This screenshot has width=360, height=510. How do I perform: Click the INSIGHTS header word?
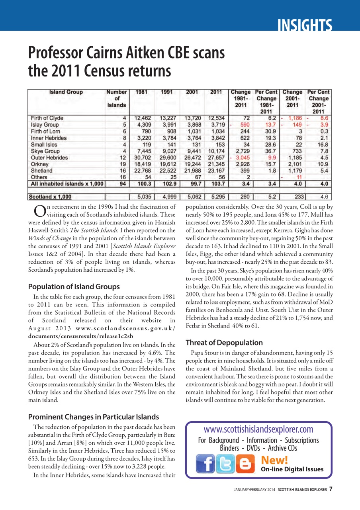pyautogui.click(x=305, y=26)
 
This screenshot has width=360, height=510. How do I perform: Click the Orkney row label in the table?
pyautogui.click(x=40, y=164)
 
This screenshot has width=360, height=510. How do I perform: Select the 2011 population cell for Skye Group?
pyautogui.click(x=216, y=151)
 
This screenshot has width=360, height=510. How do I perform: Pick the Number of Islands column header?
pyautogui.click(x=116, y=98)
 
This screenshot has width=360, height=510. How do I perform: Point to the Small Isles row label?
pyautogui.click(x=44, y=145)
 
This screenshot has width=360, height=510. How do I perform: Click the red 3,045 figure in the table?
pyautogui.click(x=243, y=158)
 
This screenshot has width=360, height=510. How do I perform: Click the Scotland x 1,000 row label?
pyautogui.click(x=50, y=196)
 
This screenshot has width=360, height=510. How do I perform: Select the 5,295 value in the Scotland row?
pyautogui.click(x=216, y=196)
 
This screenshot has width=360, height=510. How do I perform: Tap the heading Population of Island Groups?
pyautogui.click(x=74, y=286)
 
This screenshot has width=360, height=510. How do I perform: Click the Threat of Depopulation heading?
pyautogui.click(x=224, y=343)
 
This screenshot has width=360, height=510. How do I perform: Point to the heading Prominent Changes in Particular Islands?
pyautogui.click(x=94, y=417)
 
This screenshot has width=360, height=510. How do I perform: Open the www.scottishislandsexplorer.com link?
pyautogui.click(x=258, y=429)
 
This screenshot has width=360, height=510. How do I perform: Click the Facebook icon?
pyautogui.click(x=205, y=464)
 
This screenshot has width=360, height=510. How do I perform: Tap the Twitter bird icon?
pyautogui.click(x=225, y=464)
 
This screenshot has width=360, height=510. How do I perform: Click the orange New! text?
pyautogui.click(x=274, y=460)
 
